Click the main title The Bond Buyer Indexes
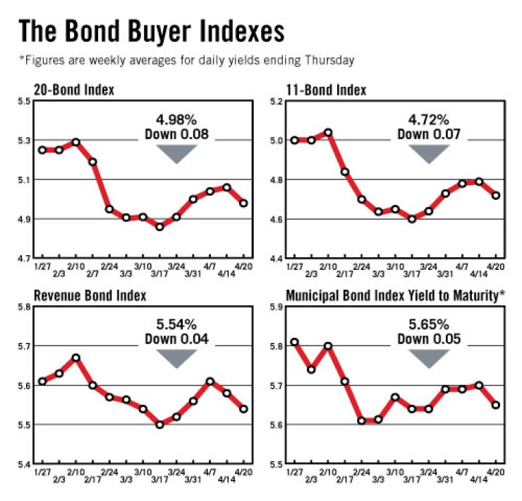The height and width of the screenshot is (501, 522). click(x=151, y=32)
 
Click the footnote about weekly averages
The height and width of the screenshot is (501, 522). click(x=186, y=61)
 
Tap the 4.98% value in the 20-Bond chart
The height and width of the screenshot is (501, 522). click(x=176, y=119)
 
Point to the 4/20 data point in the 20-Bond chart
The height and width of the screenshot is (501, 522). click(x=243, y=203)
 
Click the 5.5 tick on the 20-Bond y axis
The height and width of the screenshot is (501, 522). click(x=24, y=102)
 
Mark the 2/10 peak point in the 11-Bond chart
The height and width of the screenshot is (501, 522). click(x=327, y=132)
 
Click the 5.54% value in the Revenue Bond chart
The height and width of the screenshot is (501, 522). click(x=176, y=325)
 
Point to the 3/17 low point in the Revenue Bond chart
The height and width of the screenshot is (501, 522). click(x=159, y=425)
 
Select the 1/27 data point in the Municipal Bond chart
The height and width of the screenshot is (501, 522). click(x=294, y=342)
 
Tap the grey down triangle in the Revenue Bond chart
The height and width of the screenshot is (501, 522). click(x=176, y=358)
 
